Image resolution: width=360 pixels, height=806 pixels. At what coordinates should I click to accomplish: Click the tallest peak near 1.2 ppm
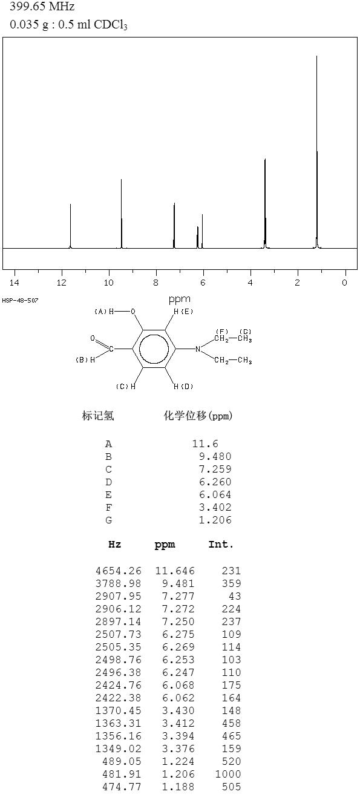point(317,152)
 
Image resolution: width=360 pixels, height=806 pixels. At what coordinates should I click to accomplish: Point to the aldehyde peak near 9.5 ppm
point(122,214)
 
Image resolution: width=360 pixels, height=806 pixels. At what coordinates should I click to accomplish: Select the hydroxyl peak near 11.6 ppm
point(71,226)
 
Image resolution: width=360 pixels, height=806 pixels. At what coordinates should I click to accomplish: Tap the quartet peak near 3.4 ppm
point(265,203)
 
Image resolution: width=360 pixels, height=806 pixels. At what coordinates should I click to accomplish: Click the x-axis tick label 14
point(15,283)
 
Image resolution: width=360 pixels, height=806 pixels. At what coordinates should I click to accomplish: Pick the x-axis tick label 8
point(155,283)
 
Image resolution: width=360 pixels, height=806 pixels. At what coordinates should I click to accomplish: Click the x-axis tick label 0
point(344,283)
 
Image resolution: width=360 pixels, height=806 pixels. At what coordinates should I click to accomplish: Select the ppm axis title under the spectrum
point(180,299)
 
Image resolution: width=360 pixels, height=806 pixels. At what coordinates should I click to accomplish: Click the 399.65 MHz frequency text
point(42,6)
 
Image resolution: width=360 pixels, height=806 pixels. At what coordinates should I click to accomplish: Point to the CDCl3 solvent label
point(111,24)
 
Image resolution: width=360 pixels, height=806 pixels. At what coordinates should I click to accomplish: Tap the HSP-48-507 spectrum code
point(20,300)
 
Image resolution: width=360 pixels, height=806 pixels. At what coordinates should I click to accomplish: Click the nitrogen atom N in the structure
point(197,349)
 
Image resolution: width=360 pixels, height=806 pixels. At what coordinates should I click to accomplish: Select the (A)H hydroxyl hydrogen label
point(104,311)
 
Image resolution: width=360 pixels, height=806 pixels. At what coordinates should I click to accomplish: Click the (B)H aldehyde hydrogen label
point(85,359)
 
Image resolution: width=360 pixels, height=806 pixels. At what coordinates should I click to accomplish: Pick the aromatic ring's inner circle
point(154,349)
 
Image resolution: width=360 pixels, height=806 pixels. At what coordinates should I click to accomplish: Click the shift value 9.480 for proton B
point(215,456)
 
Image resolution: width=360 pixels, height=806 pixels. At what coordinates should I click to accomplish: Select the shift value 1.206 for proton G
point(215,520)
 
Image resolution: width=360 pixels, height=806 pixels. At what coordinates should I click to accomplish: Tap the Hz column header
point(115,544)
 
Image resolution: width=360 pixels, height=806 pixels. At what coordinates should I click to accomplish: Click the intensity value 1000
point(228,773)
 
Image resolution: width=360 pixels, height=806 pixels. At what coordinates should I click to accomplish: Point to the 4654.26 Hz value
point(119,571)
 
